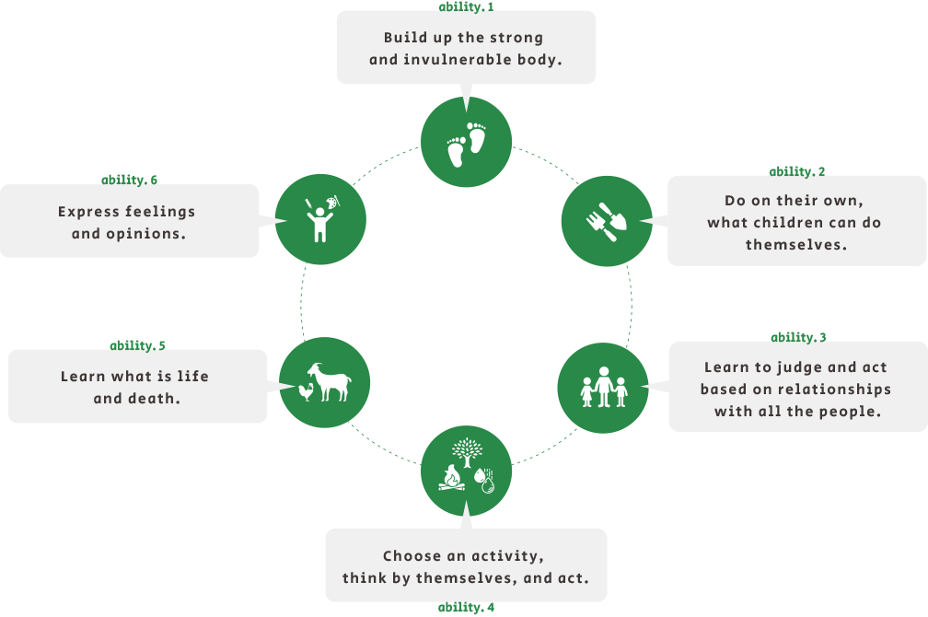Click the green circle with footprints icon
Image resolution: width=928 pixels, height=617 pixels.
(466, 142)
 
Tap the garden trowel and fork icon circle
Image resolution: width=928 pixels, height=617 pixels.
(606, 220)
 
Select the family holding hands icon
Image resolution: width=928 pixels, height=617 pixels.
(604, 388)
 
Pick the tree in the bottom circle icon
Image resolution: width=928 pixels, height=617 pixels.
(467, 451)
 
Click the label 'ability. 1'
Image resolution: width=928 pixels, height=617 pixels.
(466, 6)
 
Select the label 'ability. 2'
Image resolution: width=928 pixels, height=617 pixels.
(797, 171)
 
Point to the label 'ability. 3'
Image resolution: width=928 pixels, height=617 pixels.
(798, 337)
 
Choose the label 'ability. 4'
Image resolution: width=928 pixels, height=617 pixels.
(466, 608)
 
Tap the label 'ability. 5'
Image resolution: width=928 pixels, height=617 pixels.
(138, 345)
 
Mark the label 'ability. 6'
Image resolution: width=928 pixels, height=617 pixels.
(129, 180)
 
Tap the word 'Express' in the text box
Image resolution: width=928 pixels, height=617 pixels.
(88, 212)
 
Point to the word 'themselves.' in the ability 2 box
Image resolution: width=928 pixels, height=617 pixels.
(796, 245)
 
